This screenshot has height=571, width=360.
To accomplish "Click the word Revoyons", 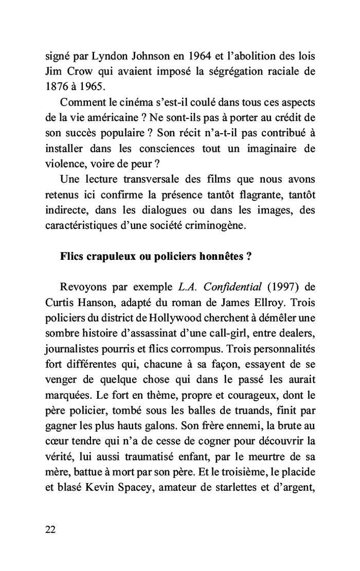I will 83,287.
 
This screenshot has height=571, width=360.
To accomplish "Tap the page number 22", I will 50,530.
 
